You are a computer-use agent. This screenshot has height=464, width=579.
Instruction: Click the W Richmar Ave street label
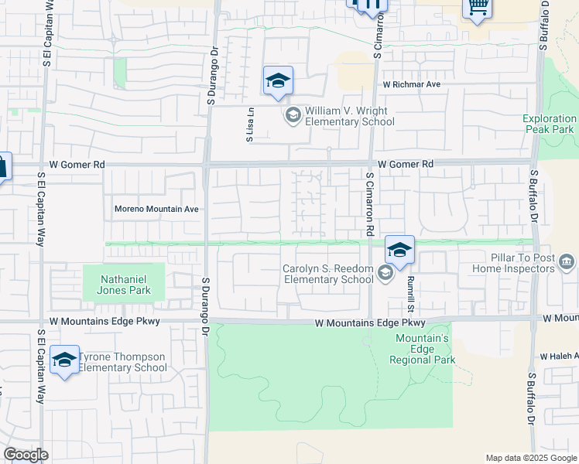pos(410,84)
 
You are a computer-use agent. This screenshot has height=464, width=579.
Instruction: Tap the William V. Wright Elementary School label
pos(350,116)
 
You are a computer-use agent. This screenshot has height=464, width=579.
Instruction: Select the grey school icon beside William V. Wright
pos(293,116)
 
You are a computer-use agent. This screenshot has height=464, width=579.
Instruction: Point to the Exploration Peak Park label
pos(549,124)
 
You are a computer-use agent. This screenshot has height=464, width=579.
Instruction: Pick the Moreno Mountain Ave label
pos(157,209)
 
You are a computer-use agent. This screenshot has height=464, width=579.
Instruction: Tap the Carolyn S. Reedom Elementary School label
pos(328,274)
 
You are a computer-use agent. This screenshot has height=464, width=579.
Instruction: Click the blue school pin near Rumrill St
pos(399,251)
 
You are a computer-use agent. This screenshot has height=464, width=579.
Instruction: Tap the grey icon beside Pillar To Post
pos(567,262)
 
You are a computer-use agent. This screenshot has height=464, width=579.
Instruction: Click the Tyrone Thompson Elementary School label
pos(122,362)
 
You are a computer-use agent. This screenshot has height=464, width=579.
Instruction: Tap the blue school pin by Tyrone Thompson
pos(64,360)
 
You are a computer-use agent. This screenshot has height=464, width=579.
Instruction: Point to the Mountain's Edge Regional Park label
pos(425,349)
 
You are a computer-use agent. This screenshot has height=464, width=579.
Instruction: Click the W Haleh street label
pos(559,356)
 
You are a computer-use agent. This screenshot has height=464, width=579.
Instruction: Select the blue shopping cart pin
pos(478,9)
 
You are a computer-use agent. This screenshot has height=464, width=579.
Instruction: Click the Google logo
pos(26,455)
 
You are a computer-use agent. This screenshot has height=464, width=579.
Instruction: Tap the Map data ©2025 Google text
pos(530,458)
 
